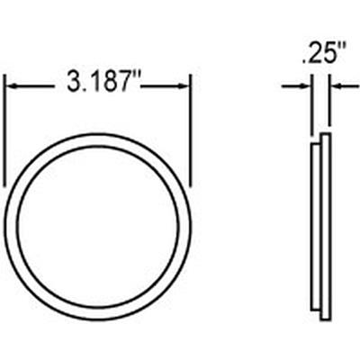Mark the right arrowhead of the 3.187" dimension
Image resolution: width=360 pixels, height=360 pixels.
(184, 86)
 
